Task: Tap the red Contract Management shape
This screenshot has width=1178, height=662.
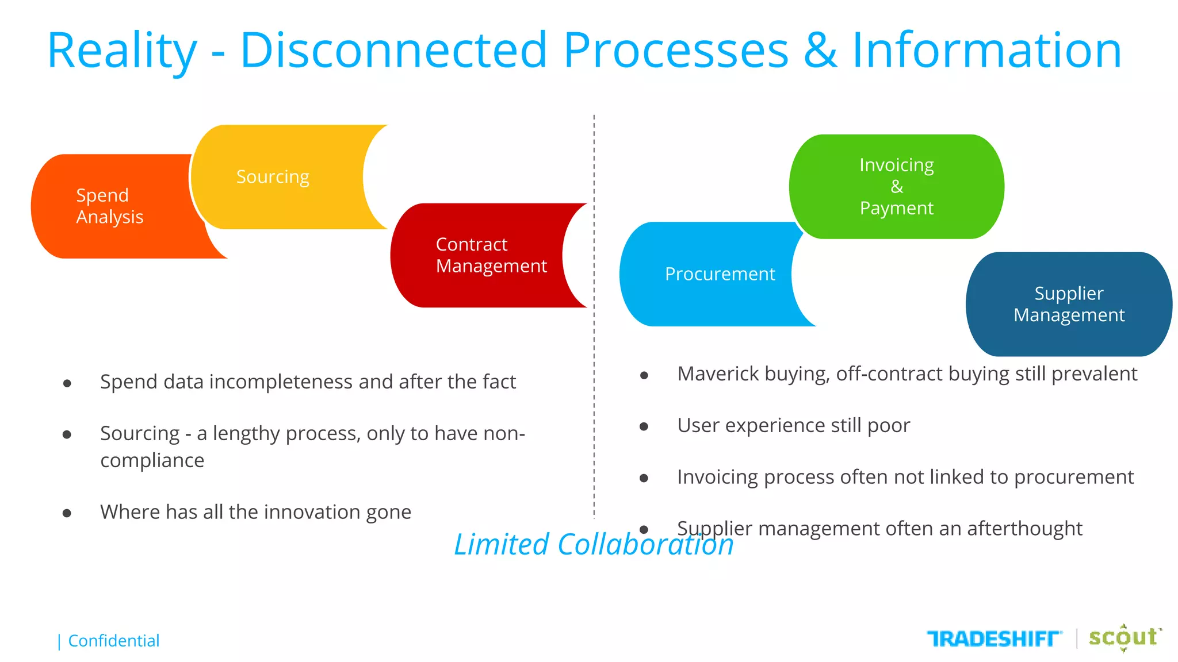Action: click(x=483, y=256)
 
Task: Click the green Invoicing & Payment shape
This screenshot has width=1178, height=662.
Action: click(x=896, y=187)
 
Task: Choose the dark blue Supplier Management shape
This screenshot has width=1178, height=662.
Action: click(x=1069, y=305)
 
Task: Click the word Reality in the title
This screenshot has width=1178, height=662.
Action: click(x=122, y=52)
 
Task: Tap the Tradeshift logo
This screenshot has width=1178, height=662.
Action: click(x=994, y=638)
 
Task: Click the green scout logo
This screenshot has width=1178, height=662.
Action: click(x=1123, y=637)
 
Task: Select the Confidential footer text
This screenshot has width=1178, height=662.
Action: click(x=113, y=641)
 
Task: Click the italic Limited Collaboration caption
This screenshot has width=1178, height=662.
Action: click(x=594, y=544)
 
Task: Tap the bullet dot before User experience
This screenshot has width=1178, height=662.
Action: click(x=644, y=427)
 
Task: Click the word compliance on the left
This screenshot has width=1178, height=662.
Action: click(x=152, y=461)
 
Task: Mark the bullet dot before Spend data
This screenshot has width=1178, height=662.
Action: click(x=67, y=383)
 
